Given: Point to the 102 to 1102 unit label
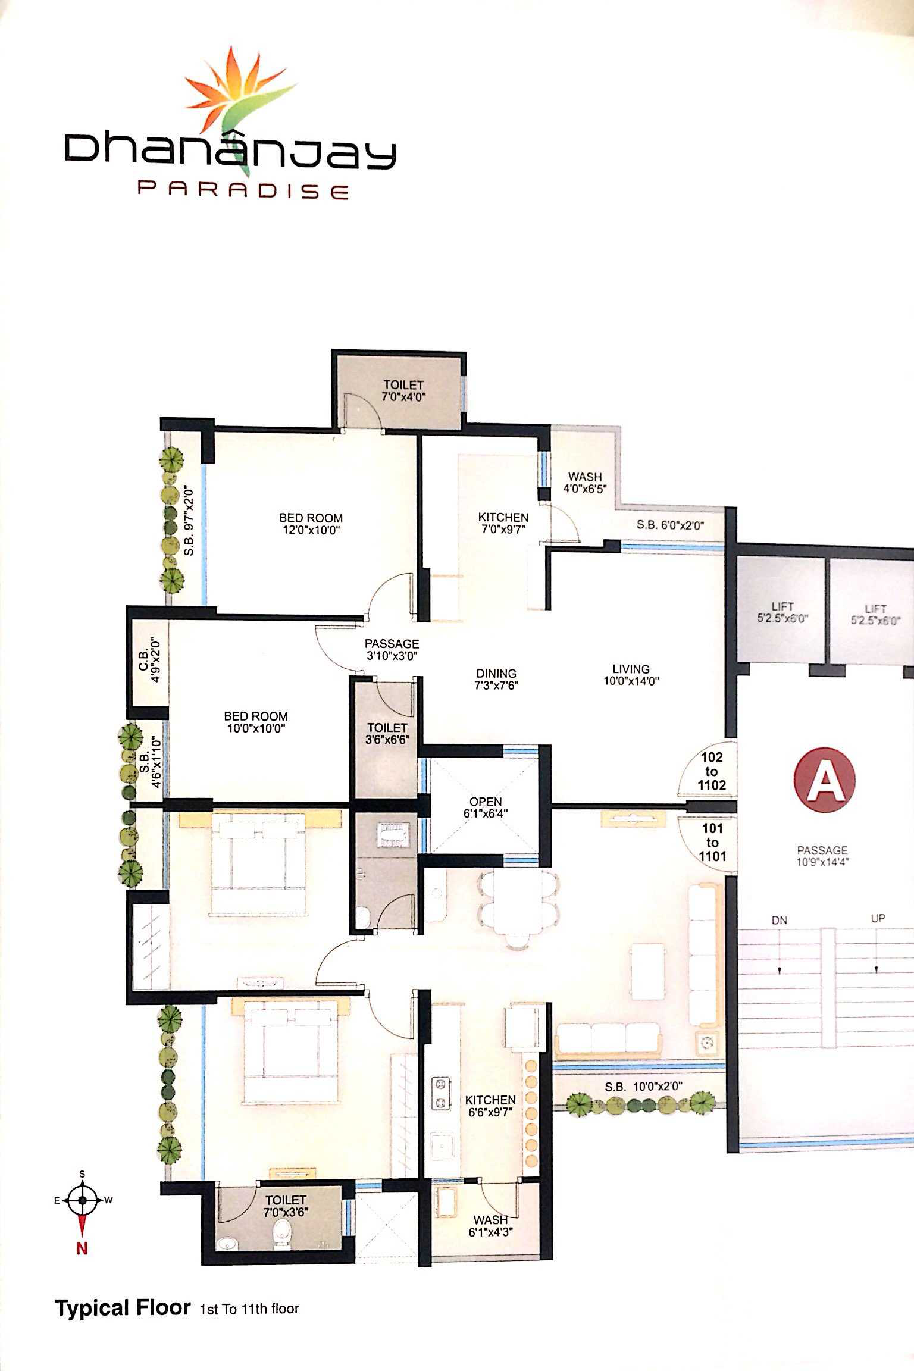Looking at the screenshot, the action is [x=712, y=771].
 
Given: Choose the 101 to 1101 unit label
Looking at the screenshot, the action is [x=712, y=842].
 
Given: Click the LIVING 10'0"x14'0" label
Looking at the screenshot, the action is [x=631, y=675].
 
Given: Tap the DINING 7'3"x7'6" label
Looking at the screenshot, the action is [x=496, y=679].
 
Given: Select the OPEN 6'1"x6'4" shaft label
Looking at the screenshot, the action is [x=486, y=807].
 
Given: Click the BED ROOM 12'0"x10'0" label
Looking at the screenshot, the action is [x=311, y=524].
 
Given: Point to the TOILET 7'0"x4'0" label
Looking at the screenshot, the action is [x=403, y=390].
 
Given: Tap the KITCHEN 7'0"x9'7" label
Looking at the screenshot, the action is [x=503, y=523].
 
